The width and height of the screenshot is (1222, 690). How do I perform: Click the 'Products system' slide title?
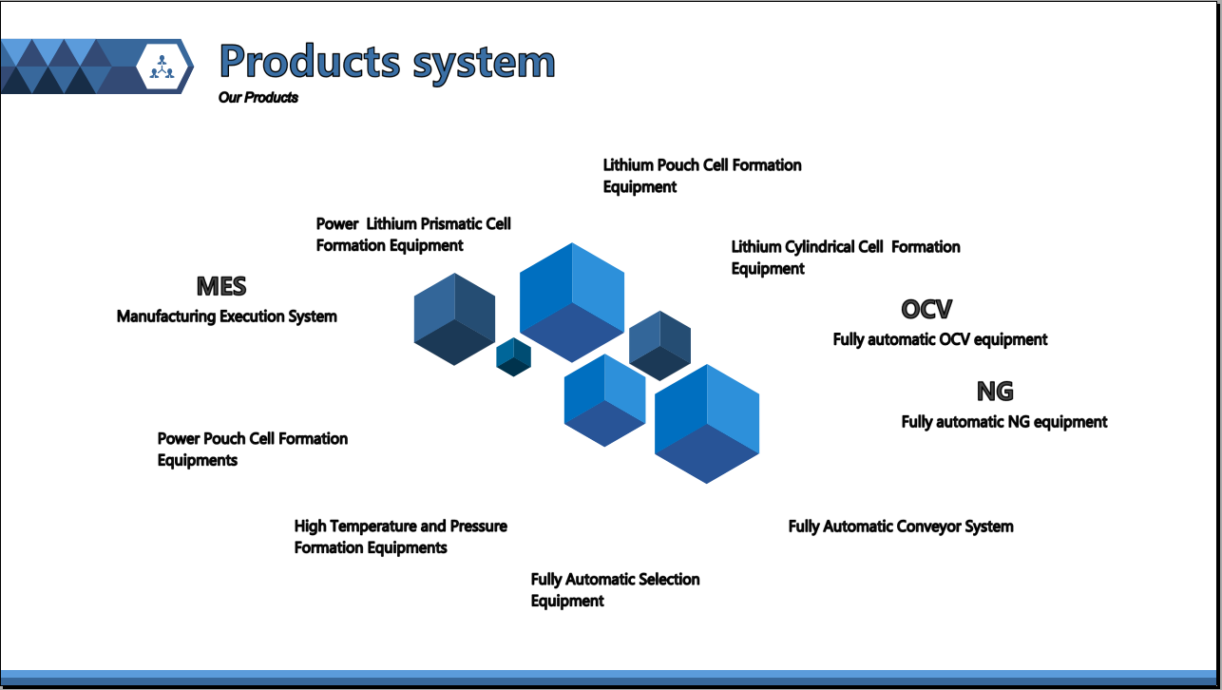coord(388,62)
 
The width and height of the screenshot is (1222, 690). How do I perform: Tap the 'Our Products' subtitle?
coord(258,98)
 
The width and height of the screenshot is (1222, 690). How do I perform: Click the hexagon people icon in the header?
coord(162,67)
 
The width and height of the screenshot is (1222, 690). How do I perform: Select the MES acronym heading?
coord(221,286)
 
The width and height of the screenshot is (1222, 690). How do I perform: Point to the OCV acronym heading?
coord(926,309)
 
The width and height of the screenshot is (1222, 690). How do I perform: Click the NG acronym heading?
coord(995,391)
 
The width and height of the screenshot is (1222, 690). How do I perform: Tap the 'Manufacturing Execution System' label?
coord(227,316)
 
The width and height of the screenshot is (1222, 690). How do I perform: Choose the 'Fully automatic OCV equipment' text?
coord(940,340)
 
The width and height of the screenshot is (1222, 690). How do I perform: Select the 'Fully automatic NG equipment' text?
coord(1004,422)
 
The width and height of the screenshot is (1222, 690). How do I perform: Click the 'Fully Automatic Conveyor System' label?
coord(901,527)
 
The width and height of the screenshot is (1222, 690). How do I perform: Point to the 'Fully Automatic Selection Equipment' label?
coord(616,589)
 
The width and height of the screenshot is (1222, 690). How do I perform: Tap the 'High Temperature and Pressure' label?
coord(400,526)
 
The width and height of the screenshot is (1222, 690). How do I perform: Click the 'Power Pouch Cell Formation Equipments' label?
coord(253,450)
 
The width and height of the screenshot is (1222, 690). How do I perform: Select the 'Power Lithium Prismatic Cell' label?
coord(413,223)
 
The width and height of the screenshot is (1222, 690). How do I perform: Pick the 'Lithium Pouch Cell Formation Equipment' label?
coord(702,176)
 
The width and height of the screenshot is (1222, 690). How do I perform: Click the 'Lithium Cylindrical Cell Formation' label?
coord(846,247)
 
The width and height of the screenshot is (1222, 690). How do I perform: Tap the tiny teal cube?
coord(513,357)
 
